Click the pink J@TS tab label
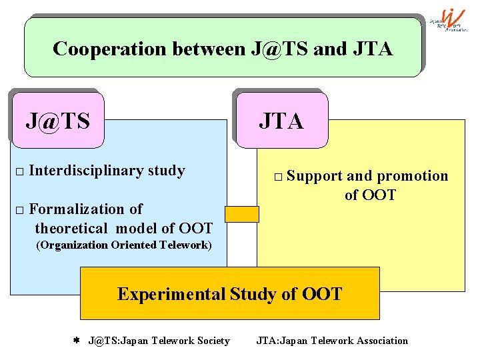point(57,121)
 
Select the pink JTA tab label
point(281,121)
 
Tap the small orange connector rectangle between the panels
point(241,213)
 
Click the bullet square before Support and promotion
point(278,177)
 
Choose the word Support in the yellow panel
point(315,176)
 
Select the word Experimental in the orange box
point(171,294)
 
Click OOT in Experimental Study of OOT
point(322,294)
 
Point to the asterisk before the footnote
point(76,341)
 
